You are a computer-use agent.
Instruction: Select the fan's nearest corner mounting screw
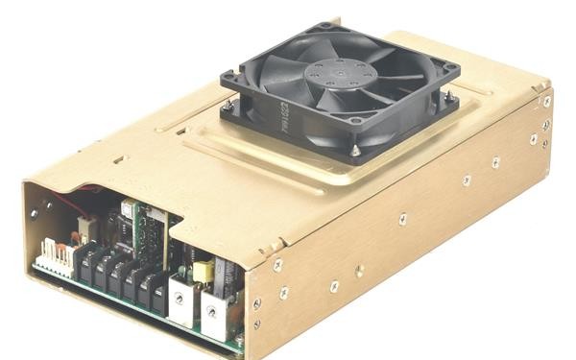coord(355,151)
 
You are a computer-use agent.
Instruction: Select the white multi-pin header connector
coord(57,260)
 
